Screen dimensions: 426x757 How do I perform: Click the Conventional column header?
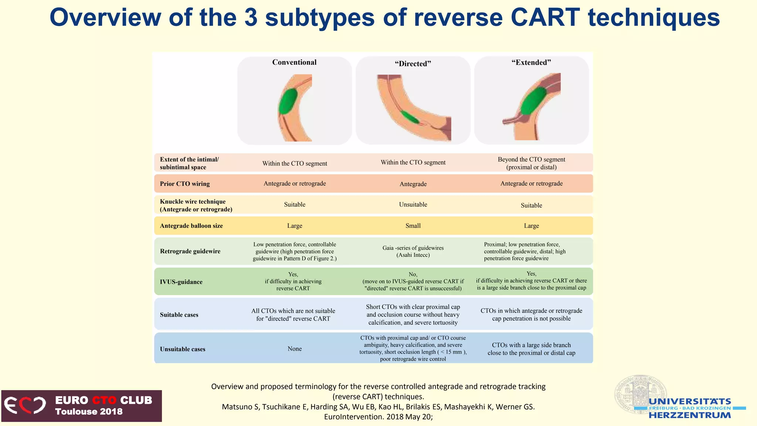tap(294, 62)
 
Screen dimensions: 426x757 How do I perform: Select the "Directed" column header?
tap(413, 64)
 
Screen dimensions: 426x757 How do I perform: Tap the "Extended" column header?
tap(531, 62)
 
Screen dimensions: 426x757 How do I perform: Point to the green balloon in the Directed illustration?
tap(410, 117)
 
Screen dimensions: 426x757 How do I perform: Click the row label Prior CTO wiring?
tap(185, 184)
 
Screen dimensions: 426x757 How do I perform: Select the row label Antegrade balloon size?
tap(191, 226)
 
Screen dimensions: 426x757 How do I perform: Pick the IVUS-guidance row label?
tap(181, 282)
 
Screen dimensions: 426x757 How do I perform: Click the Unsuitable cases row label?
tap(183, 349)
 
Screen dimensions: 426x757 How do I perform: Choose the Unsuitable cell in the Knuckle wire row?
tap(413, 204)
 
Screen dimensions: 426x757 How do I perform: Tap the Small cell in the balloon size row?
tap(413, 226)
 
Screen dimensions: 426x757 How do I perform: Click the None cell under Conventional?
tap(295, 349)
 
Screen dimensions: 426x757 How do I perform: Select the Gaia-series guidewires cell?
tap(413, 251)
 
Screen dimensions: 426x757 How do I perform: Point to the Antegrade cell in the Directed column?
tap(413, 184)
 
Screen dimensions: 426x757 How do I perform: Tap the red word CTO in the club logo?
tap(104, 400)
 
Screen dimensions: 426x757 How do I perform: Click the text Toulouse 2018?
tap(89, 412)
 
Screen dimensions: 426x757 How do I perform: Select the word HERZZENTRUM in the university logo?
tap(690, 415)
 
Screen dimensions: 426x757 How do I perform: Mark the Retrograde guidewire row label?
tap(190, 251)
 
